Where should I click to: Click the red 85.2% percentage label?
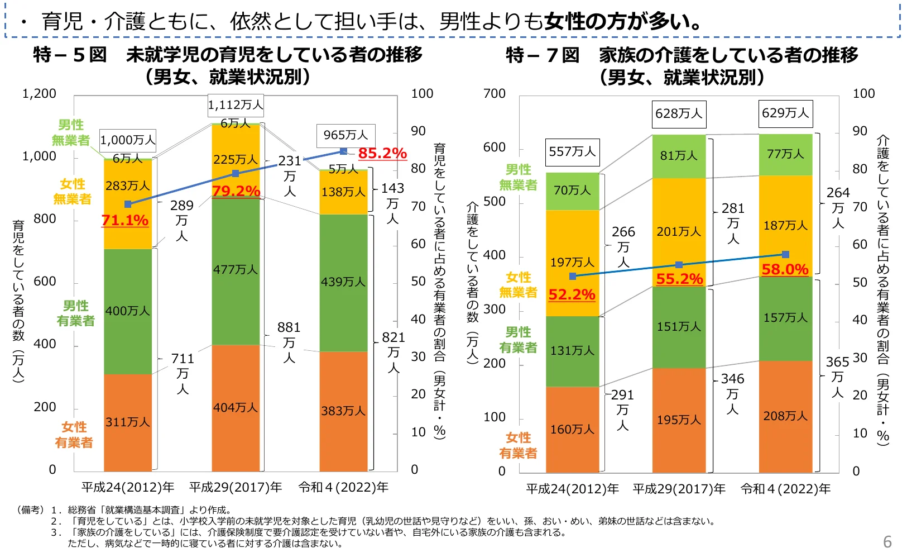[382, 153]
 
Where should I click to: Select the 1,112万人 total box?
[235, 104]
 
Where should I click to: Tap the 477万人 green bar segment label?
[235, 269]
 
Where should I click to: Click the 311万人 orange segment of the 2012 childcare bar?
[128, 422]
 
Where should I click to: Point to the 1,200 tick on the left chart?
[39, 94]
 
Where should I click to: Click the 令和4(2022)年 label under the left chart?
[343, 487]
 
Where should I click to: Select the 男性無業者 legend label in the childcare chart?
[71, 133]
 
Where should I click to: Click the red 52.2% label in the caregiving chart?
[572, 294]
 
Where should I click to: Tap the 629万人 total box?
[785, 113]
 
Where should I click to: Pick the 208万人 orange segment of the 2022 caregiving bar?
[785, 416]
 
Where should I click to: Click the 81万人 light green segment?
[679, 156]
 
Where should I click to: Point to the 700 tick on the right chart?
[494, 94]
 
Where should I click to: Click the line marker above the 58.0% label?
[785, 254]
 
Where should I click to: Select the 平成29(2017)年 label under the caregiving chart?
[679, 489]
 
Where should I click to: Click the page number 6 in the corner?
[887, 542]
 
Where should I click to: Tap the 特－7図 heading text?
[543, 55]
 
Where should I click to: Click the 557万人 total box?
[572, 152]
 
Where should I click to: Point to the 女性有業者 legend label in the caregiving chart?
[518, 445]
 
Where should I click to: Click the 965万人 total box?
[345, 135]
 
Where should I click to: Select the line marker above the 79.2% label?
[236, 173]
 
